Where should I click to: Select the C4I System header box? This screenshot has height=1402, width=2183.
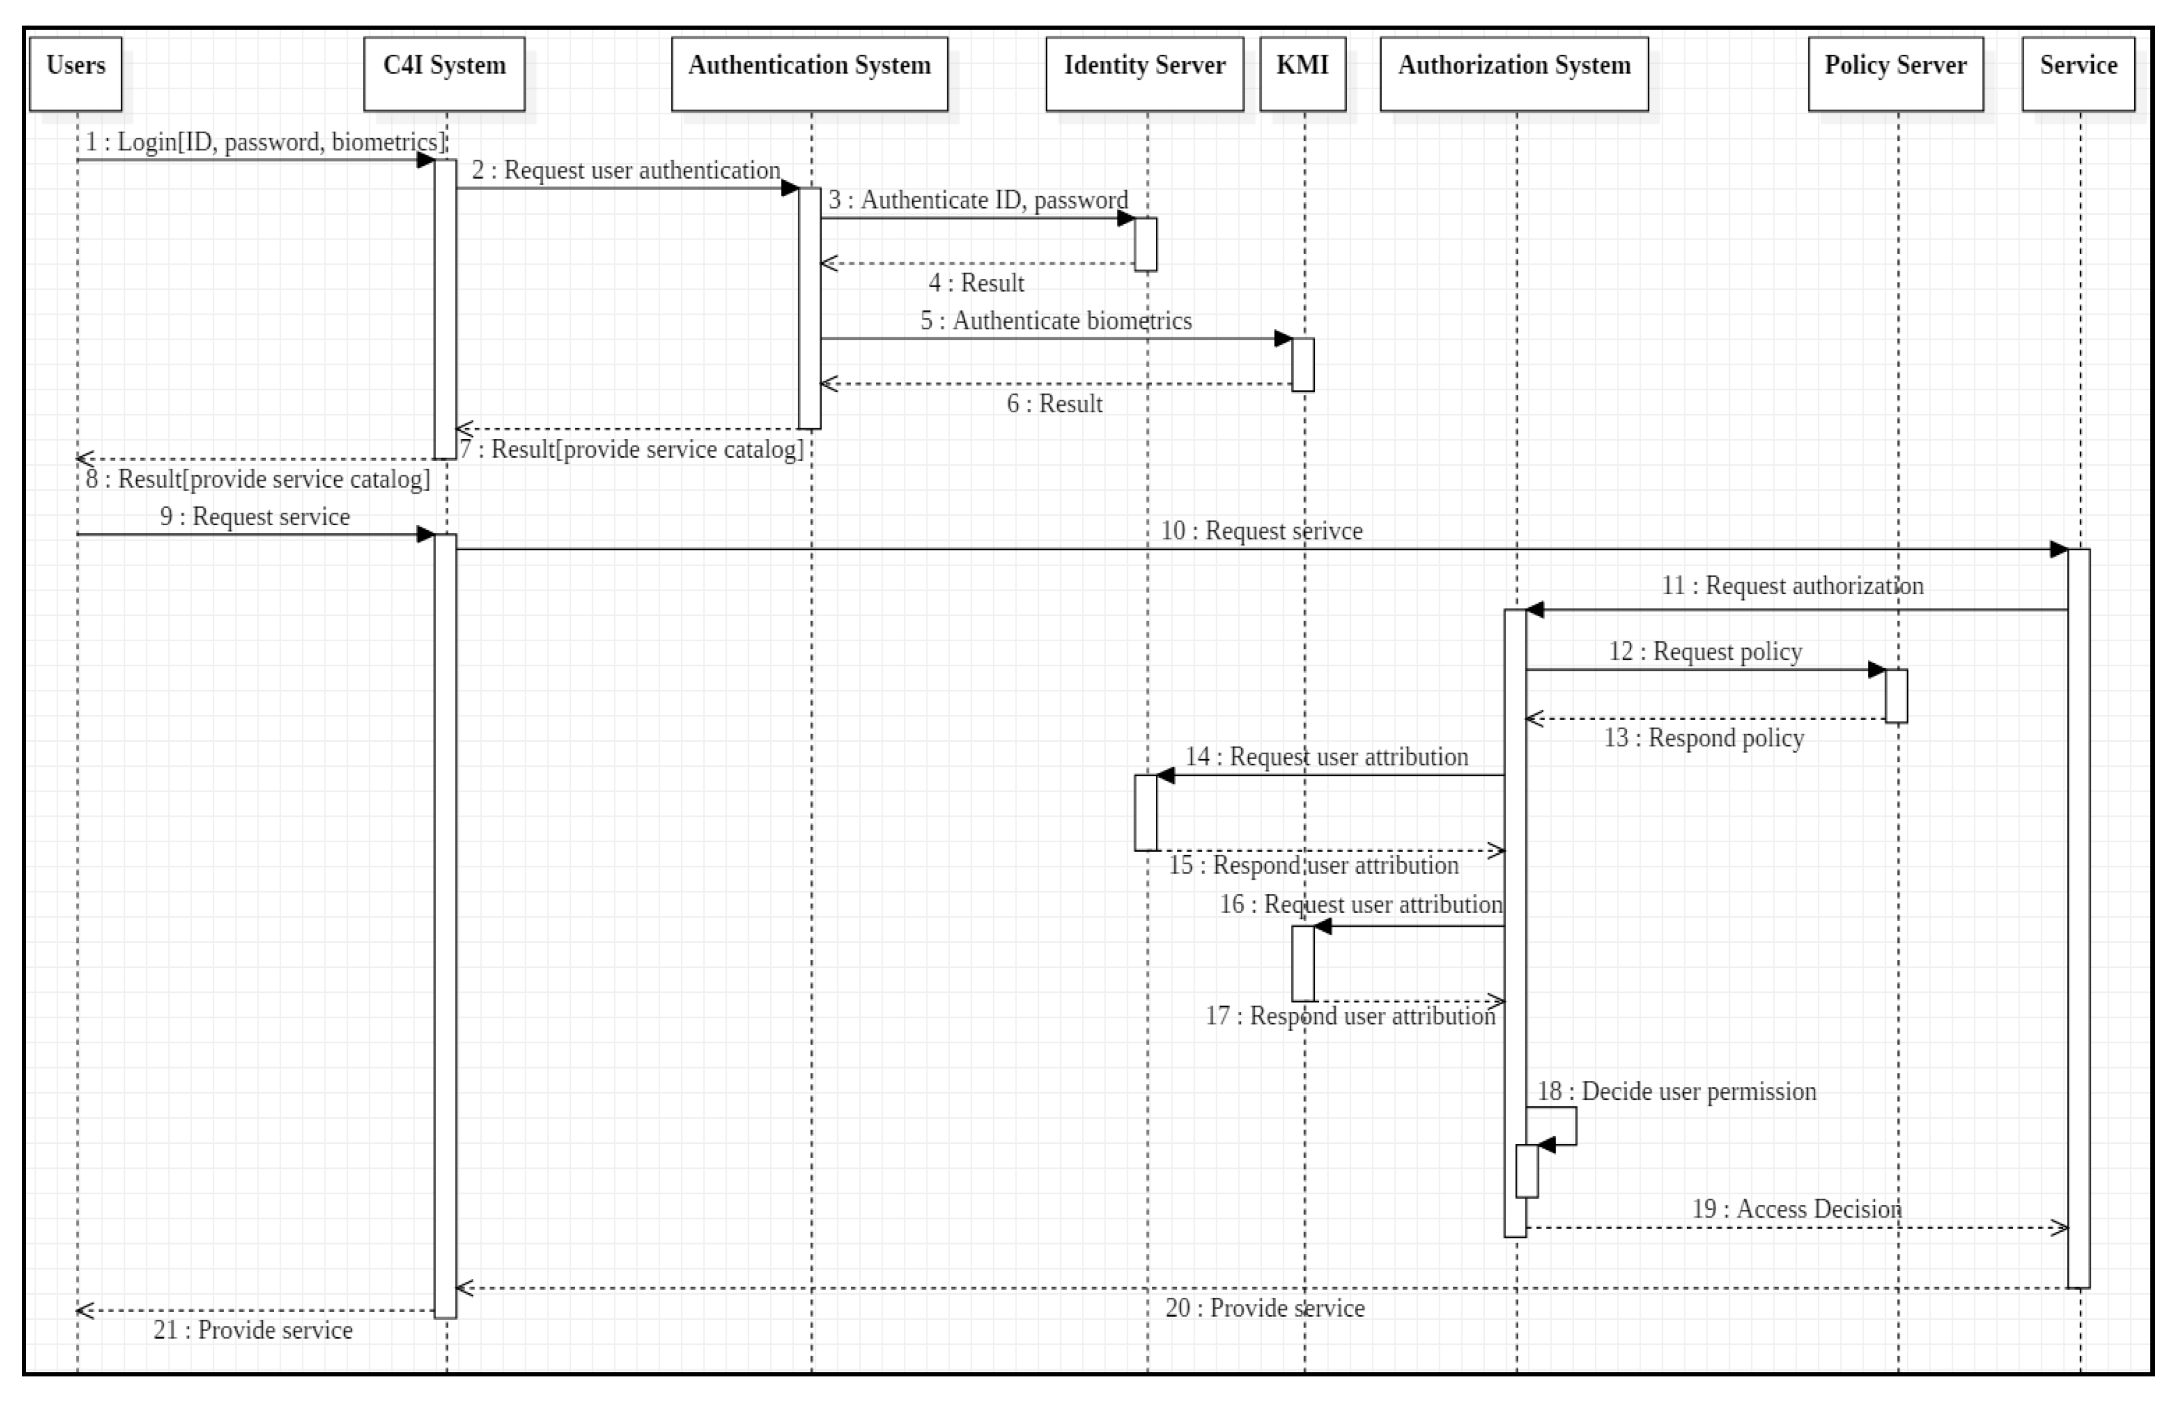click(444, 74)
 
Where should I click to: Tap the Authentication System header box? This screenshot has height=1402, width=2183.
click(809, 74)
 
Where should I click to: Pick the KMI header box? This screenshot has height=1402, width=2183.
click(1302, 74)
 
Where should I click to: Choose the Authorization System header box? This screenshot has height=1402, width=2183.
click(1513, 74)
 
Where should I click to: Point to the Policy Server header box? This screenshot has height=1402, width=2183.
click(1895, 74)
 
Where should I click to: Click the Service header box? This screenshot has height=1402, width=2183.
click(2078, 74)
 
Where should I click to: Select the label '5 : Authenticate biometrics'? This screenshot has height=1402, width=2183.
click(1056, 321)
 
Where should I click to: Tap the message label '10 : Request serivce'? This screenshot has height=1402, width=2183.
click(1261, 531)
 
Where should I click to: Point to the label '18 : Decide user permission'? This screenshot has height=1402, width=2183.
click(1676, 1092)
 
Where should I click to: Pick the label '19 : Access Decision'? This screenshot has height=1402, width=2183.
click(1796, 1209)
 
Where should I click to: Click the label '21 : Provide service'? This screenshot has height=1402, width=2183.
click(252, 1330)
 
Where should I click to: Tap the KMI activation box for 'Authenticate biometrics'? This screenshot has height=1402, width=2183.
click(1303, 364)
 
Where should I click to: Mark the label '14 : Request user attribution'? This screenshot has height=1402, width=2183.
click(1326, 757)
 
